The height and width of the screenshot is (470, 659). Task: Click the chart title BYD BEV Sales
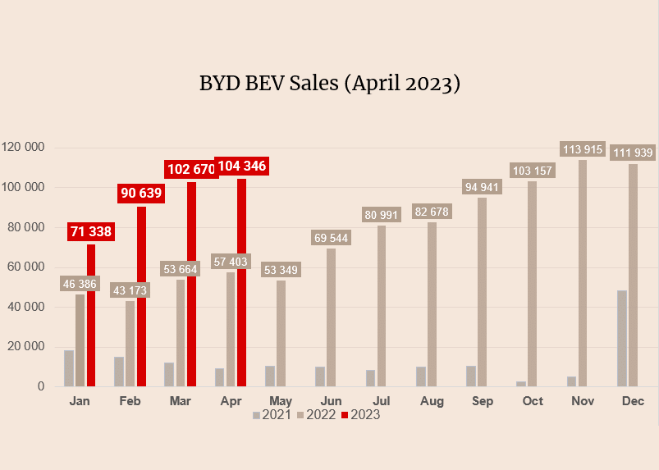(329, 84)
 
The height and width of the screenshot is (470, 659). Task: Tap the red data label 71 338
(90, 231)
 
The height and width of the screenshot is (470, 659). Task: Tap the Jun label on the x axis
(331, 401)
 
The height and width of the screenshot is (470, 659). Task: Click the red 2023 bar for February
(141, 296)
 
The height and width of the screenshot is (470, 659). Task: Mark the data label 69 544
(331, 238)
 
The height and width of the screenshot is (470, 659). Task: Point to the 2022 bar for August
(432, 304)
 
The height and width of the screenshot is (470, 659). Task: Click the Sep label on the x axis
(482, 401)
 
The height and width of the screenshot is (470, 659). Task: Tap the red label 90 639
(140, 194)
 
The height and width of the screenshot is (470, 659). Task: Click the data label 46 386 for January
(80, 284)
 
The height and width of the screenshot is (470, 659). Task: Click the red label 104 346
(241, 167)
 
